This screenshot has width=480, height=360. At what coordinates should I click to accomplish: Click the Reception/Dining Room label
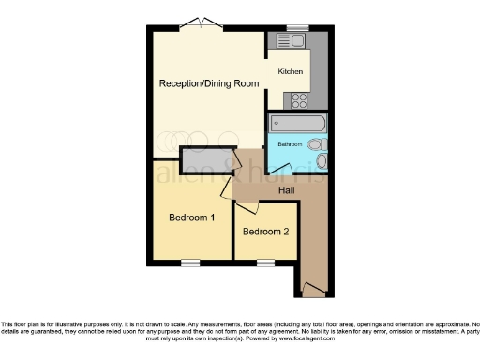[x=208, y=83]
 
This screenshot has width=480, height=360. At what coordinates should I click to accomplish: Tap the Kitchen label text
[x=288, y=70]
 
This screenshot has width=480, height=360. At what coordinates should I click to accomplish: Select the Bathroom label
[x=289, y=144]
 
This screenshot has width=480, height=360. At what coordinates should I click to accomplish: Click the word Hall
[x=286, y=190]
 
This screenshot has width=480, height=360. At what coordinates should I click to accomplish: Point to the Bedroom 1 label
[x=191, y=217]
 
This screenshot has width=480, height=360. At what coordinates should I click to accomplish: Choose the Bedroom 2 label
[x=265, y=232]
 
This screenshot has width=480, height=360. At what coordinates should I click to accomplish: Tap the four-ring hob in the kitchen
[x=301, y=99]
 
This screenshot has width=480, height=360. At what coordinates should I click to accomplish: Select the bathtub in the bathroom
[x=296, y=123]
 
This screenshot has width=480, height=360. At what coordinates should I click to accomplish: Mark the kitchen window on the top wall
[x=298, y=27]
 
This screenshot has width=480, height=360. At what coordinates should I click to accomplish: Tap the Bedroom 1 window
[x=191, y=262]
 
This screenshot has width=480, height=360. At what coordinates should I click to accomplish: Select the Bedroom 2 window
[x=265, y=262]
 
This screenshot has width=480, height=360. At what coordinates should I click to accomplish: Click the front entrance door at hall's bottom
[x=311, y=289]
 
